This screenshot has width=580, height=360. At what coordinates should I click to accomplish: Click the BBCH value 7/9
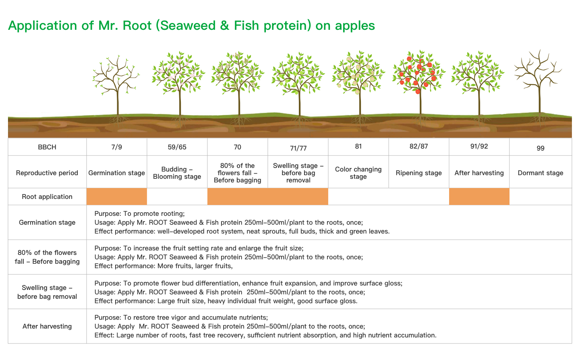(116, 147)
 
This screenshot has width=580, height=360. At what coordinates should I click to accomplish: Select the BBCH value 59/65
(177, 147)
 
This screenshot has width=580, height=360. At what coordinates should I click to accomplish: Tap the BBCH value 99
(541, 148)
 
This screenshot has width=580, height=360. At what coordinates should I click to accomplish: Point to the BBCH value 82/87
(419, 146)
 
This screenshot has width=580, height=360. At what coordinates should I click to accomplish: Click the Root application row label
(47, 197)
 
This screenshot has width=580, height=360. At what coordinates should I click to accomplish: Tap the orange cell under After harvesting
(479, 197)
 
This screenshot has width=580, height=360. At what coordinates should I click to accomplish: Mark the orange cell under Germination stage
(116, 197)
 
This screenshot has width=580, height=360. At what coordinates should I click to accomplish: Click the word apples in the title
(355, 26)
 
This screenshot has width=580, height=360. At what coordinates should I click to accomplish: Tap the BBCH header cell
(47, 147)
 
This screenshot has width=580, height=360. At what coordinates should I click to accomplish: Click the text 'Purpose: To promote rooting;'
(139, 213)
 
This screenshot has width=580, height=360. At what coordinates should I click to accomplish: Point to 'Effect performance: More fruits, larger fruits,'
(164, 266)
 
